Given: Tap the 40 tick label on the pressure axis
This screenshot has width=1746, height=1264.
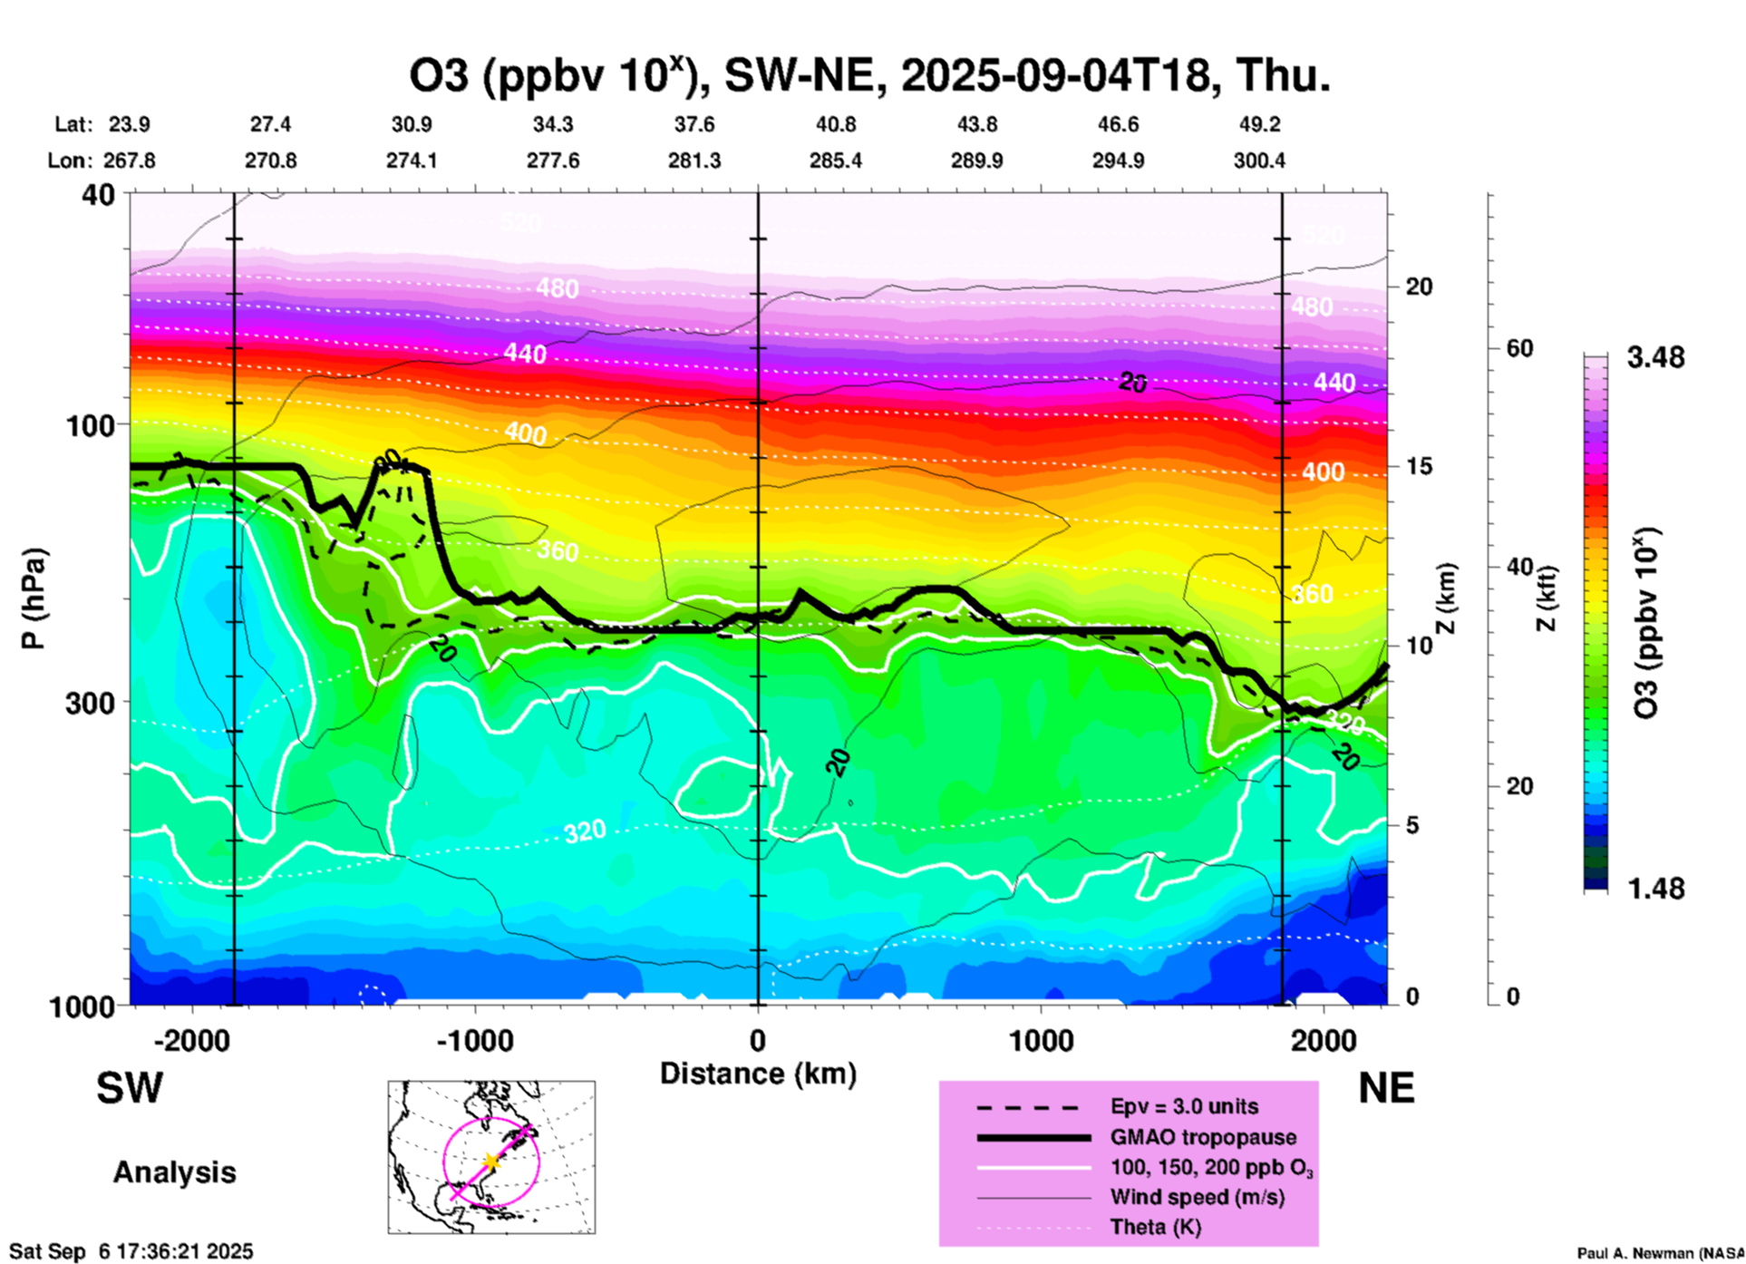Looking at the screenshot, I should pos(99,194).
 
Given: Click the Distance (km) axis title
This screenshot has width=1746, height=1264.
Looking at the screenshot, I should pos(758,1074).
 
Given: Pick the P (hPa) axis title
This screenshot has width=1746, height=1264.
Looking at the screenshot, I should pos(34,598).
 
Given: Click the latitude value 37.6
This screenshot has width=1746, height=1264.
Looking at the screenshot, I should pos(694,124).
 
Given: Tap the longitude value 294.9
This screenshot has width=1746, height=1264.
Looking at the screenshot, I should pos(1118,160).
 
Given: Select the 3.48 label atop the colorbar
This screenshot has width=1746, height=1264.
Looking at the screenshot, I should pos(1655,357).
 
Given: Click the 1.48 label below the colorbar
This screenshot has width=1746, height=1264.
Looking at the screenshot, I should pos(1655,888).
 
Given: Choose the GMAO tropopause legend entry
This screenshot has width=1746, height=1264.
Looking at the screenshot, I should pos(1202,1137).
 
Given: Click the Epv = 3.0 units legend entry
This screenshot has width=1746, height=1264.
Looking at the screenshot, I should pos(1184,1106).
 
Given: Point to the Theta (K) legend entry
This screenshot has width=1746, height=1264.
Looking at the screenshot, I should pos(1155,1227).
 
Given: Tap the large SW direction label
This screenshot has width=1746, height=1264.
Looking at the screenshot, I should pos(130,1088).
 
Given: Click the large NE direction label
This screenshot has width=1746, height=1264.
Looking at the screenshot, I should pos(1386,1088).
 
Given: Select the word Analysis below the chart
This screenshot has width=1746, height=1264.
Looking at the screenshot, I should pos(174,1172).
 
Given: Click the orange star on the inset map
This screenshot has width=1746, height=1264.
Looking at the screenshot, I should pos(490,1161).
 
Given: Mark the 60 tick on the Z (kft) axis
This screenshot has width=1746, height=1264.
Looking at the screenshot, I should pos(1519,348).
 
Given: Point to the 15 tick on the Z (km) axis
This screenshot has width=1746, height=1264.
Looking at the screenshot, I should pos(1419,465).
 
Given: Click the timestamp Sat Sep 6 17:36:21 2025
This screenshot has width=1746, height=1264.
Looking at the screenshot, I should pos(131,1251).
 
